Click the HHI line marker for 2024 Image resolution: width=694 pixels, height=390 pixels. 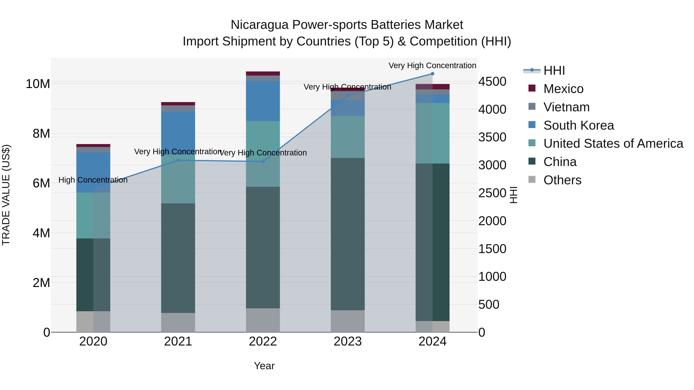coord(432,74)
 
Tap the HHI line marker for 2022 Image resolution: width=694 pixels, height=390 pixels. coord(263,162)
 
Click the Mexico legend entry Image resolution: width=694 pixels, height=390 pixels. coord(563,89)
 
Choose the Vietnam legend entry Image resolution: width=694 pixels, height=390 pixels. coord(566,107)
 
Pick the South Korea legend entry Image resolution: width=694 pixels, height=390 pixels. coord(578,125)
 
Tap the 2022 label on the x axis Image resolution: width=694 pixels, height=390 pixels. coord(263,341)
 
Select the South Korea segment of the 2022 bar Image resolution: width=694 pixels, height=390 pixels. coord(263,101)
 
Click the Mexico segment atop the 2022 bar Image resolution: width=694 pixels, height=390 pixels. coord(263,74)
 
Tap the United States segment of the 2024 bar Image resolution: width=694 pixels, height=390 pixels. coord(432,133)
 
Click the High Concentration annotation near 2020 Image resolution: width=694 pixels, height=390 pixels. coord(93,180)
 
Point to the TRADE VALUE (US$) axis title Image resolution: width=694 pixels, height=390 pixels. coord(6,195)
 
